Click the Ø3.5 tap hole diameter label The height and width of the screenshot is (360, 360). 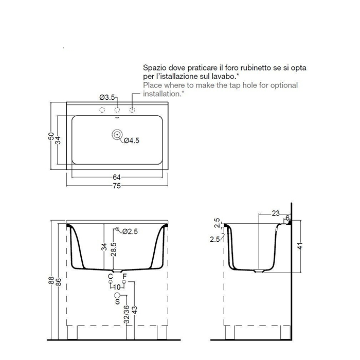coord(107,97)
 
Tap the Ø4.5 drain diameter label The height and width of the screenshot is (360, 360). coord(132,140)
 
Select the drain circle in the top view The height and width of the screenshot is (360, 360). coord(117,135)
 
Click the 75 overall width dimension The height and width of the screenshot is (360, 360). coord(117,186)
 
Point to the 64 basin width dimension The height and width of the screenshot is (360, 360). coord(117,177)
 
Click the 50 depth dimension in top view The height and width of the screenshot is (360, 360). coord(51,136)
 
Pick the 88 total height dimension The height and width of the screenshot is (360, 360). coord(51,280)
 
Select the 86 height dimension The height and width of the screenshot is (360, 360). coord(59,282)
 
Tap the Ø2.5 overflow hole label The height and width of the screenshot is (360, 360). coord(130,231)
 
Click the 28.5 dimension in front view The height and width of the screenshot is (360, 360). coord(114,249)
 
